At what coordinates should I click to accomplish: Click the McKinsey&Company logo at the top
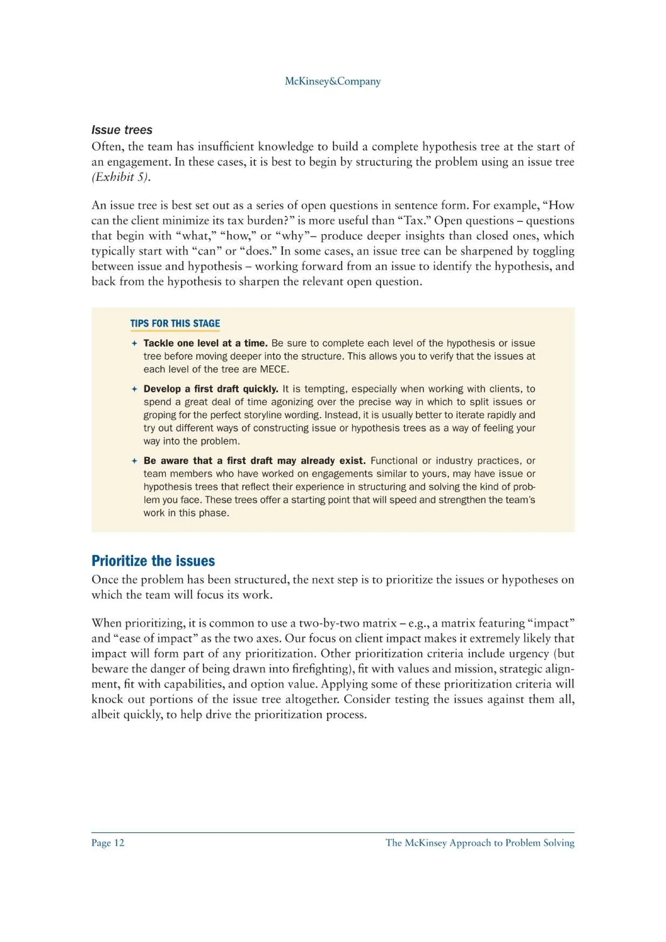[332, 81]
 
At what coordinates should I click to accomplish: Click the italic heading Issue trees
[122, 130]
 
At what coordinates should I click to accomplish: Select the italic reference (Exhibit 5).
[121, 177]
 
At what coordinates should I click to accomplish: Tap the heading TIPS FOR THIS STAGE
[175, 323]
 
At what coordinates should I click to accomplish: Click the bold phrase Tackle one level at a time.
[205, 343]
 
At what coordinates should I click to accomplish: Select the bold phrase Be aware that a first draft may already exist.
[254, 460]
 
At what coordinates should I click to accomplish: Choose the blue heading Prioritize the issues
[153, 560]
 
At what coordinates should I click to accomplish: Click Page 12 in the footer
[108, 843]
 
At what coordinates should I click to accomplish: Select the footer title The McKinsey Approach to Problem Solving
[480, 843]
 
